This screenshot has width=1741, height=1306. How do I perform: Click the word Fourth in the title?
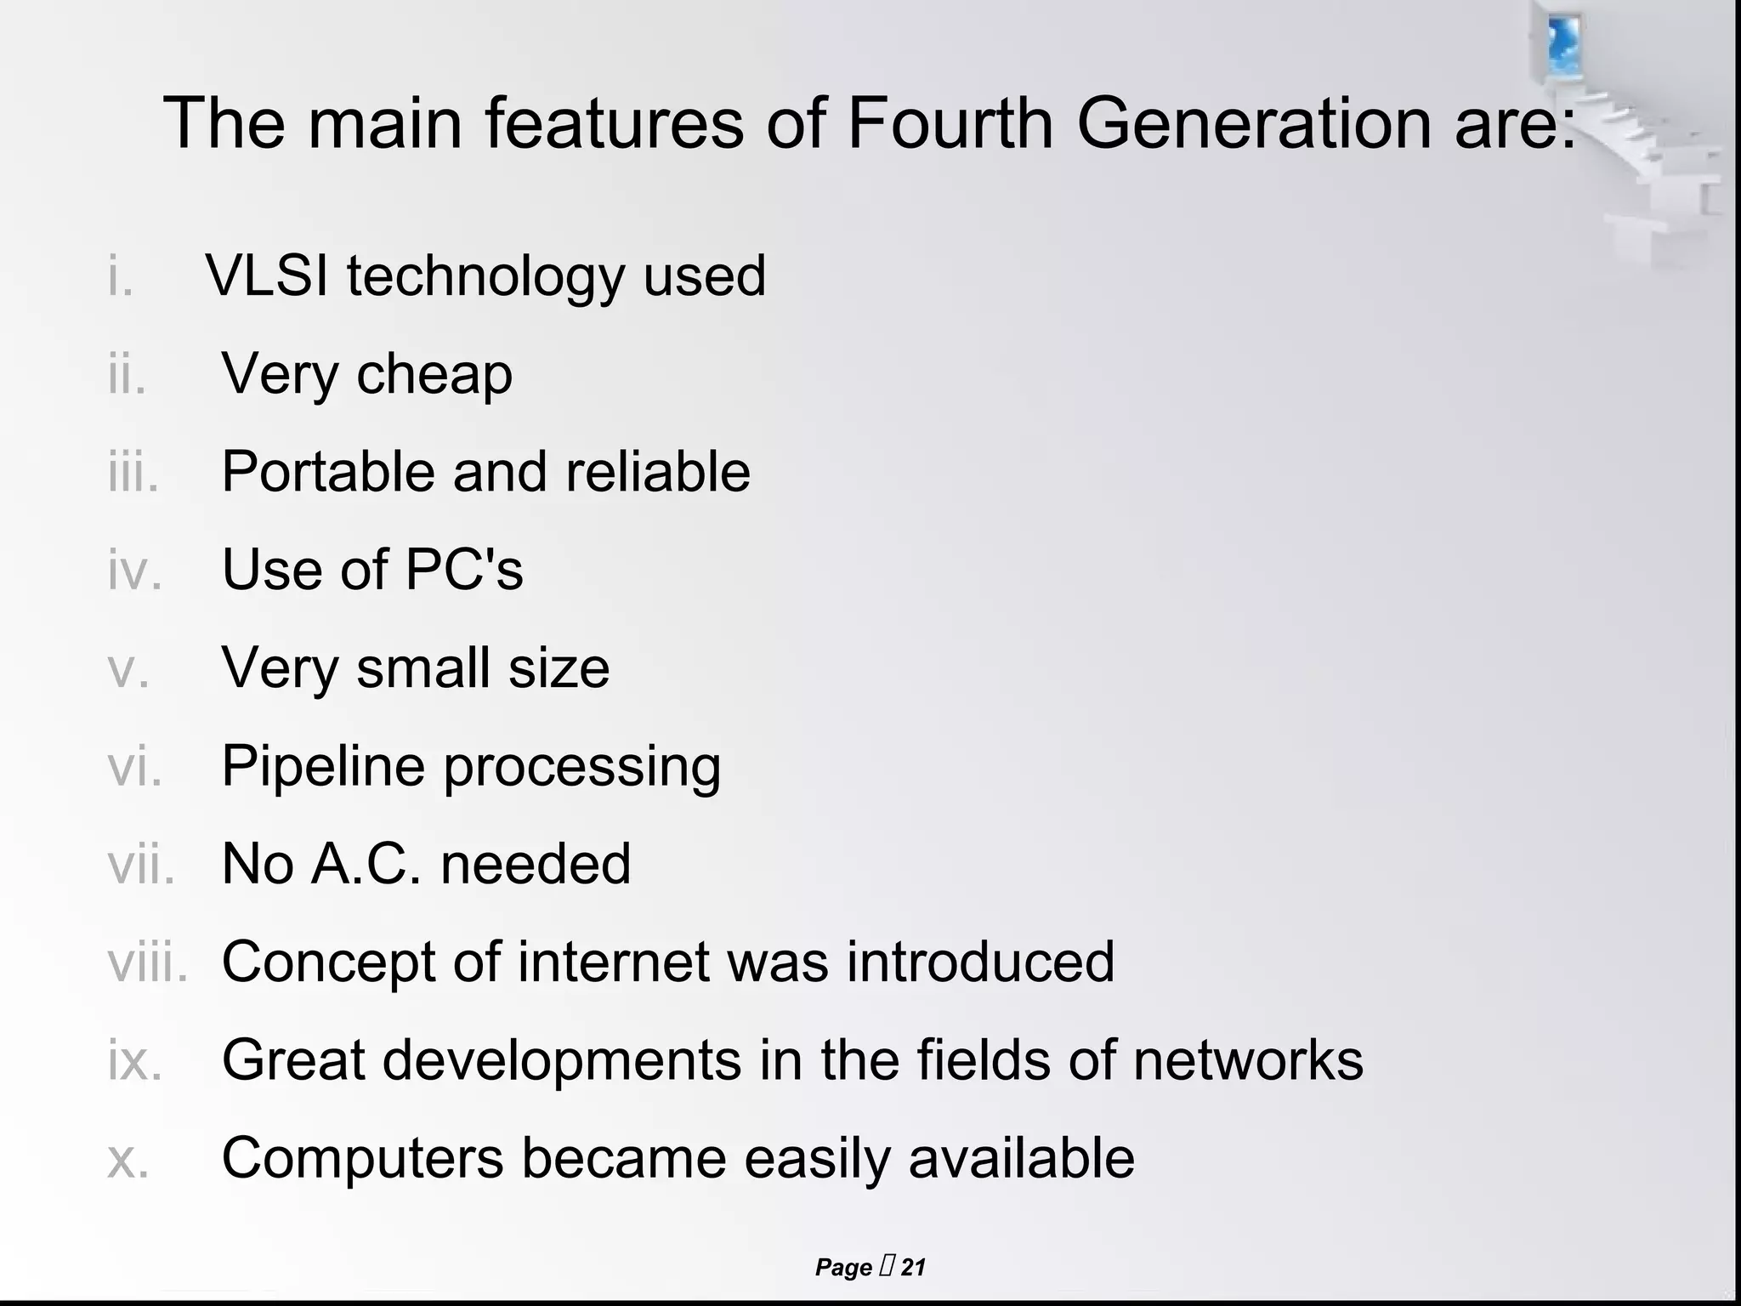[x=950, y=124]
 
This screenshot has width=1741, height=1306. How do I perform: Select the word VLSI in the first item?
[x=266, y=275]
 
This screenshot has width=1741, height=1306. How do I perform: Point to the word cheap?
[x=434, y=374]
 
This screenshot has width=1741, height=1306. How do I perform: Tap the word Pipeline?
[x=323, y=766]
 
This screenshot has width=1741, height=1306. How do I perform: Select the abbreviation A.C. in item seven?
[x=366, y=864]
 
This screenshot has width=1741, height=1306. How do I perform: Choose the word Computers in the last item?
[x=362, y=1158]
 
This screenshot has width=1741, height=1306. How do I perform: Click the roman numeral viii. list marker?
[x=147, y=962]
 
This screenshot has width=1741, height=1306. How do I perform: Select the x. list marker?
[x=128, y=1159]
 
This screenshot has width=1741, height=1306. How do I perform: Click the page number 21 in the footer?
[x=913, y=1268]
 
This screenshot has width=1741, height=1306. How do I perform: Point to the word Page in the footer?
[x=843, y=1268]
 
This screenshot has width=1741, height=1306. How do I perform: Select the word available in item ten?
[x=1021, y=1158]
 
